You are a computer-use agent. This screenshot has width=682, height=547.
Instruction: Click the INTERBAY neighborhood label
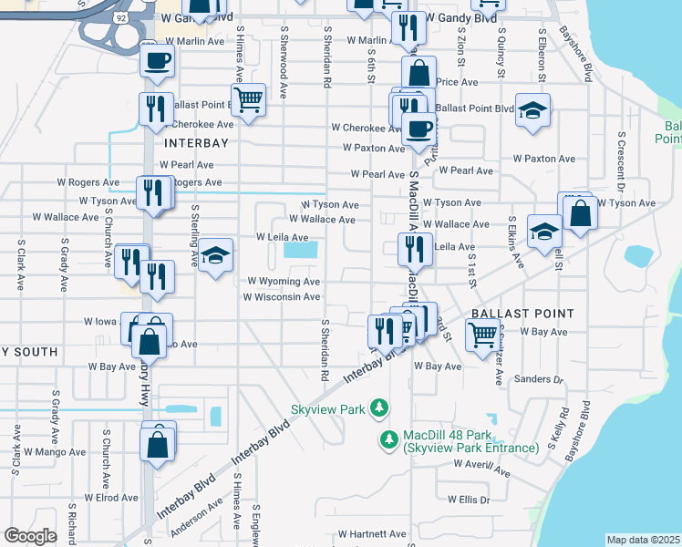click(194, 143)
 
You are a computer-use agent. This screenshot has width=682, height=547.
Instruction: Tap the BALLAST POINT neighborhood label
click(522, 314)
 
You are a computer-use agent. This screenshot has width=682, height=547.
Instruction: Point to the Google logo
click(30, 536)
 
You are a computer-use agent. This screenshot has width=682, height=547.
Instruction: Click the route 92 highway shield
click(120, 16)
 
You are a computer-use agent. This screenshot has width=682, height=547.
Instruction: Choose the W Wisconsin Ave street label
click(281, 297)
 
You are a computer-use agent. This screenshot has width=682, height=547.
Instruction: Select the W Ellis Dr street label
click(469, 500)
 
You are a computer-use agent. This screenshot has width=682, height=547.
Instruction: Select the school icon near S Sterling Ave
click(216, 255)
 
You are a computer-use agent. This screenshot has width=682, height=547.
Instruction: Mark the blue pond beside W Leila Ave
click(299, 249)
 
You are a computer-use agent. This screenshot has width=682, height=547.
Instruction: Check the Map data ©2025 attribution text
click(643, 540)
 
